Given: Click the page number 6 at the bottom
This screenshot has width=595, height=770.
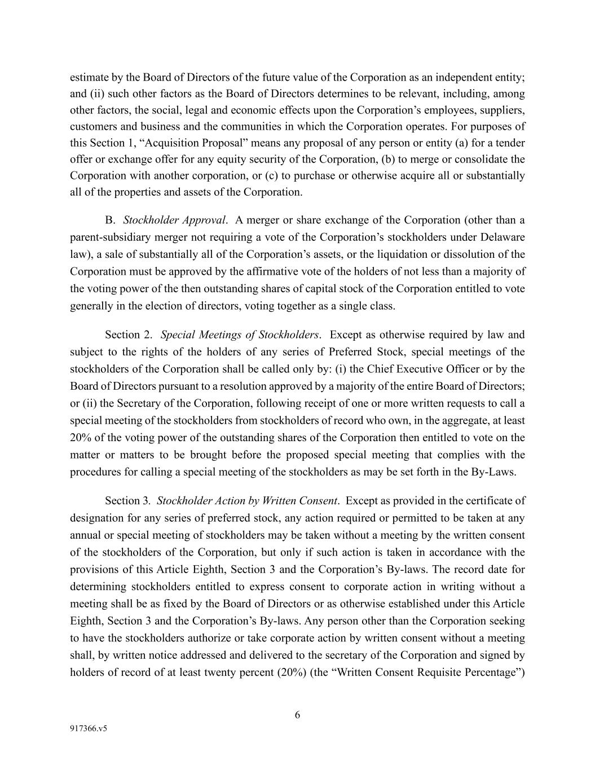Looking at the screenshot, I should (x=297, y=715).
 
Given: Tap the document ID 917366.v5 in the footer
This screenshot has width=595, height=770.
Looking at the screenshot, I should (x=89, y=728).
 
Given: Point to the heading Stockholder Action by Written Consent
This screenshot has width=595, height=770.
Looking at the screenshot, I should (x=248, y=500).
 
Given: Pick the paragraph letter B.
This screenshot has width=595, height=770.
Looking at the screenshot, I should (x=110, y=220).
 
